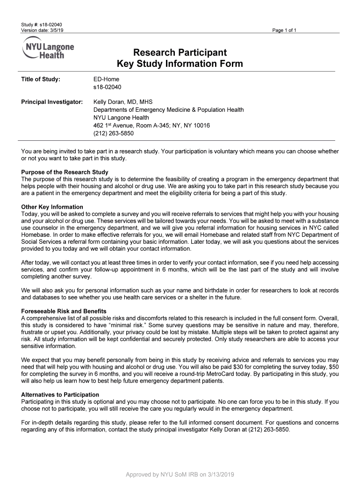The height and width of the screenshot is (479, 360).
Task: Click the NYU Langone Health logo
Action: coord(48,48)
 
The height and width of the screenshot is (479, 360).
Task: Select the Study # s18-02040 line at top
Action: coord(42,24)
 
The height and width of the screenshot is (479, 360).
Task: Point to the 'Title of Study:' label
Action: coord(41,79)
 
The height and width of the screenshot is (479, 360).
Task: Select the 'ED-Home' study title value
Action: coord(107,79)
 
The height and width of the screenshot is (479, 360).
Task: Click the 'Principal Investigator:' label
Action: coord(52,102)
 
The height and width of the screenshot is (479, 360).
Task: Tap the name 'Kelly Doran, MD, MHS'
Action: coord(123,102)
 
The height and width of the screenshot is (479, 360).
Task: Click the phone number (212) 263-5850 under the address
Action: coord(114,133)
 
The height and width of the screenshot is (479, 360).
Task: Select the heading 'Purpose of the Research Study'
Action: coord(65,172)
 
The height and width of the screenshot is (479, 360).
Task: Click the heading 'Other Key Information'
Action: coord(52,207)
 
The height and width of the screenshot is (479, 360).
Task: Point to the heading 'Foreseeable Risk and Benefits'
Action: coord(64,311)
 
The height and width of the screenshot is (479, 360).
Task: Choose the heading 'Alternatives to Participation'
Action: coord(60,395)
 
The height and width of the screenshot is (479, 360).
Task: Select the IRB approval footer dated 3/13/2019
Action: coord(180,474)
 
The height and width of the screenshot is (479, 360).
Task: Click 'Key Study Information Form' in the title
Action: coord(180,64)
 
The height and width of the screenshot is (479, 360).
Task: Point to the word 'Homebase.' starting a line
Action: coord(36,234)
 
